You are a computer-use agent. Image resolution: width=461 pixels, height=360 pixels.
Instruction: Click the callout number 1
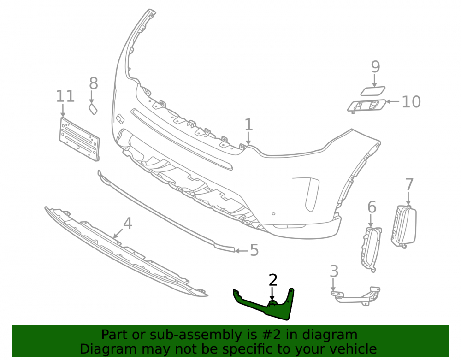click(248, 124)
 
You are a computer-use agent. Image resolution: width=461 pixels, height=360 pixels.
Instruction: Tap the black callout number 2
click(273, 280)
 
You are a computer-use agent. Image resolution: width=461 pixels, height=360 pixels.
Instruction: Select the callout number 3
click(334, 271)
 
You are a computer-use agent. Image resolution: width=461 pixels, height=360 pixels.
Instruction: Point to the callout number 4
click(128, 224)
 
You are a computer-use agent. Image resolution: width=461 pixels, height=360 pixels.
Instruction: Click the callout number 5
click(254, 250)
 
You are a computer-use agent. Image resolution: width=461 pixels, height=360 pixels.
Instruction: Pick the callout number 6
click(372, 207)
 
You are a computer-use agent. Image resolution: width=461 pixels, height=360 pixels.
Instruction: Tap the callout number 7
click(409, 184)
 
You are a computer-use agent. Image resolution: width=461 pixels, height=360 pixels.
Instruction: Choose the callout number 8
click(94, 83)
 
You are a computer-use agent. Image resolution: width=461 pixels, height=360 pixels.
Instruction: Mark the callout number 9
click(375, 67)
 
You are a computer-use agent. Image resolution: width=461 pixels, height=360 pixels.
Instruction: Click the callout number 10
click(411, 102)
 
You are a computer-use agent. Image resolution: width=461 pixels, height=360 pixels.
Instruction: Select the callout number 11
click(65, 96)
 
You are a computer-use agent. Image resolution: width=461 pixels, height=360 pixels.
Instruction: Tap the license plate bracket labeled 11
click(79, 139)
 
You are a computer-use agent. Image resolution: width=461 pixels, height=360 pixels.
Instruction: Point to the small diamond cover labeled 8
click(93, 109)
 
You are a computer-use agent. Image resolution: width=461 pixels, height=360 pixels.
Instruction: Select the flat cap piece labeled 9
click(373, 91)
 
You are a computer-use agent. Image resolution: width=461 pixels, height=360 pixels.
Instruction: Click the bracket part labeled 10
click(366, 106)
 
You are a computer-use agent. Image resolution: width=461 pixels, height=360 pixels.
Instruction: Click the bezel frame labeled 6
click(371, 249)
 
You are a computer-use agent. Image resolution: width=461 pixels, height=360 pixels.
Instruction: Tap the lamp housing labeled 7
click(404, 226)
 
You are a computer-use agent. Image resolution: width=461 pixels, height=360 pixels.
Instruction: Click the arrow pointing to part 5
click(242, 251)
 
